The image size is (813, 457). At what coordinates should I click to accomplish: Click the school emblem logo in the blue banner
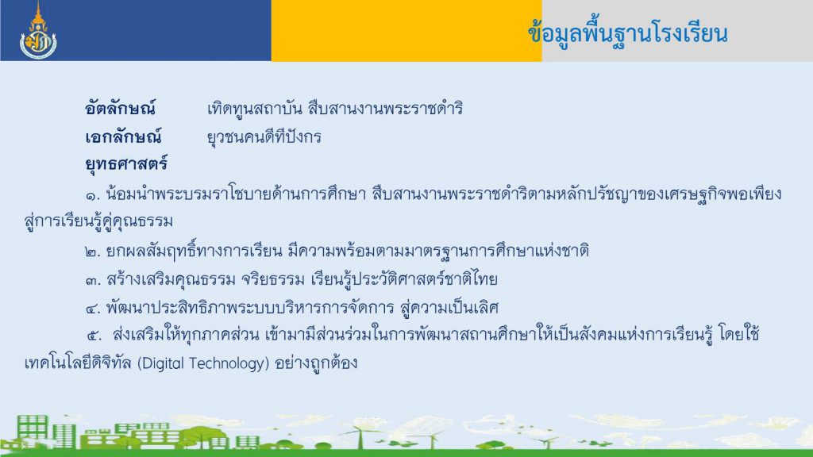(x=38, y=31)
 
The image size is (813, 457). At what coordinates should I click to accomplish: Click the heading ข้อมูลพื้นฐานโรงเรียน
(x=628, y=34)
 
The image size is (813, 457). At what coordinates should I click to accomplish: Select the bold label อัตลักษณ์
(x=120, y=108)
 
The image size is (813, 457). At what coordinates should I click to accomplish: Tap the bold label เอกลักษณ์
(x=123, y=136)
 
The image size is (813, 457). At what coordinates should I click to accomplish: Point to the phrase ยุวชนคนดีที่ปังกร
(x=264, y=137)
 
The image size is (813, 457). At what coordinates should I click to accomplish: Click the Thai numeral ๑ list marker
(x=92, y=196)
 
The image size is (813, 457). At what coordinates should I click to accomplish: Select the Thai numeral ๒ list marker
(x=92, y=252)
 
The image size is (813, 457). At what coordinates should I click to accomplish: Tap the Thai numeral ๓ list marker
(x=92, y=281)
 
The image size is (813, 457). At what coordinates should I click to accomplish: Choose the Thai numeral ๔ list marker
(x=92, y=309)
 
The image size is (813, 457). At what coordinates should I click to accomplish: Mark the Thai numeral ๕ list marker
(x=94, y=336)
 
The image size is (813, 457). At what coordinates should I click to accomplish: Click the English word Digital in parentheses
(x=160, y=363)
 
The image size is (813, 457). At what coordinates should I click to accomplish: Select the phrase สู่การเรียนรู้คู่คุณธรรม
(x=98, y=221)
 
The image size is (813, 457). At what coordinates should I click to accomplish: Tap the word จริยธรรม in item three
(x=273, y=280)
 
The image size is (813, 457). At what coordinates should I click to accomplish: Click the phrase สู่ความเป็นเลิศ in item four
(x=449, y=308)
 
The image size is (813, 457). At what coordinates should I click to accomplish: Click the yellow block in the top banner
(x=406, y=31)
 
